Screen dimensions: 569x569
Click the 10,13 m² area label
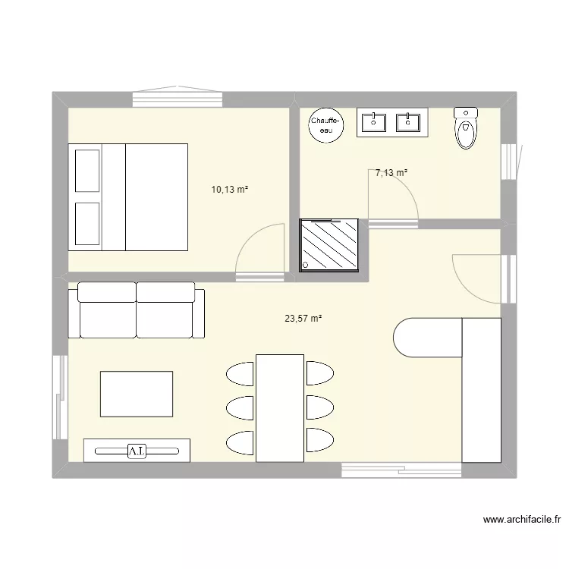(x=229, y=190)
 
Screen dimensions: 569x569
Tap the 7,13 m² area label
(x=392, y=173)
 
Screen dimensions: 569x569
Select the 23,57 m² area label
(x=303, y=319)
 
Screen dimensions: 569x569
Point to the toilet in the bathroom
(x=466, y=127)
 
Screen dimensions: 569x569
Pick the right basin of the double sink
(x=409, y=121)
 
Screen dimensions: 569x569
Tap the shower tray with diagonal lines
(x=329, y=244)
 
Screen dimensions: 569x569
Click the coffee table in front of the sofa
(x=137, y=394)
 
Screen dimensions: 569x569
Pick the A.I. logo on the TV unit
(x=137, y=451)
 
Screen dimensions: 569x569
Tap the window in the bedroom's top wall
(x=178, y=98)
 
